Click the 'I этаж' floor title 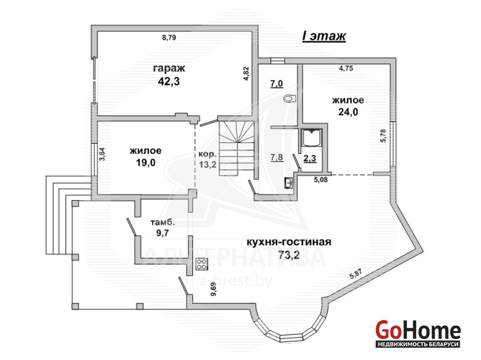[x=324, y=36]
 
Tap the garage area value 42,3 [x=169, y=81]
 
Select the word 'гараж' [x=169, y=68]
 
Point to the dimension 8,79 [x=169, y=37]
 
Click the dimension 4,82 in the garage [x=246, y=73]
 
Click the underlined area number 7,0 [x=277, y=83]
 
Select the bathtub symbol [x=312, y=138]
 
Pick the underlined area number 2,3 [x=310, y=158]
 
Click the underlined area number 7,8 [x=277, y=157]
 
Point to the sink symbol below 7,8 [x=288, y=183]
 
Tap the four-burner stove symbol [x=202, y=264]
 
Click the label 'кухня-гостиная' [x=289, y=242]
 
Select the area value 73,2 [x=289, y=255]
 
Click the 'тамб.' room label [x=163, y=222]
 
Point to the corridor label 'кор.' [x=208, y=154]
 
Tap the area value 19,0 [x=146, y=163]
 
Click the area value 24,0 [x=348, y=112]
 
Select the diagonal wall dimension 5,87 [x=356, y=274]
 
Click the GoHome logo [x=418, y=333]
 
